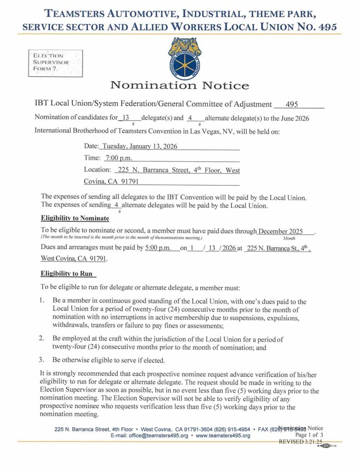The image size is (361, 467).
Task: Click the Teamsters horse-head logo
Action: tap(185, 57)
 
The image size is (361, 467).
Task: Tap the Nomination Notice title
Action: tap(180, 85)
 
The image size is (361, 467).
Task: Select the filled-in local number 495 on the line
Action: tap(292, 104)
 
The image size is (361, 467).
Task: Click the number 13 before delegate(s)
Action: tap(127, 118)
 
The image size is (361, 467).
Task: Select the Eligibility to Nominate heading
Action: tap(75, 218)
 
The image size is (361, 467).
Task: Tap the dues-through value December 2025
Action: tap(280, 231)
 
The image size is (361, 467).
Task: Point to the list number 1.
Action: tap(41, 301)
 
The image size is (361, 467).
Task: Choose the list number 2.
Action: tap(41, 338)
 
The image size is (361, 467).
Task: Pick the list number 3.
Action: tap(41, 360)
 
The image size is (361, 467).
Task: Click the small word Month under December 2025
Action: tap(289, 238)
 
